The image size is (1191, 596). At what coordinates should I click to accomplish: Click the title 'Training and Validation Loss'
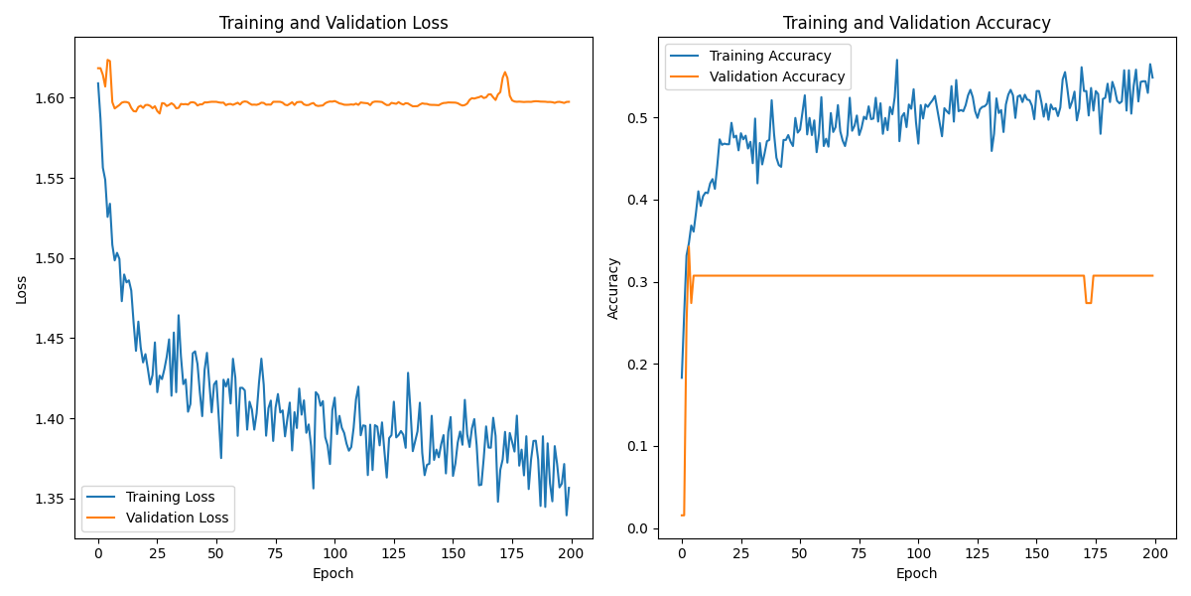click(x=333, y=23)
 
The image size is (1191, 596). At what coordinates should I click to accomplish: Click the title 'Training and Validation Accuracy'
click(x=916, y=23)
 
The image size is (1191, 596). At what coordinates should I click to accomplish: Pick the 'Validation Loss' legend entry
click(x=177, y=518)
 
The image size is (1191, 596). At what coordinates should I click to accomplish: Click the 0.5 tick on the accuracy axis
click(x=639, y=118)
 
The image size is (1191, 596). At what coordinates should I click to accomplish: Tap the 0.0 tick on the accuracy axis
click(x=639, y=528)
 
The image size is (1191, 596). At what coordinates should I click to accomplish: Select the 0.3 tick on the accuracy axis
click(x=639, y=282)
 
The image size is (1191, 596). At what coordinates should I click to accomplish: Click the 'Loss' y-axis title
click(x=21, y=289)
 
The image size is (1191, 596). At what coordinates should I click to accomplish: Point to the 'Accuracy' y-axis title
click(x=613, y=289)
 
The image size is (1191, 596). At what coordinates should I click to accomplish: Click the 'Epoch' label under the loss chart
click(x=333, y=573)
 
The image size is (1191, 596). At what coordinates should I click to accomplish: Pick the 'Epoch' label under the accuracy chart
click(x=916, y=573)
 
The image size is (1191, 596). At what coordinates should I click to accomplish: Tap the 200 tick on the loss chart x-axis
click(x=572, y=553)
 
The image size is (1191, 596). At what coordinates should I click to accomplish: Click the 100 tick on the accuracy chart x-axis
click(x=918, y=553)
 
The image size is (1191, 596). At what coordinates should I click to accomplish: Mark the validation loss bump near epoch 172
click(x=505, y=73)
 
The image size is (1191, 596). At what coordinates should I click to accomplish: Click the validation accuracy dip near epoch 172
click(x=1089, y=302)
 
